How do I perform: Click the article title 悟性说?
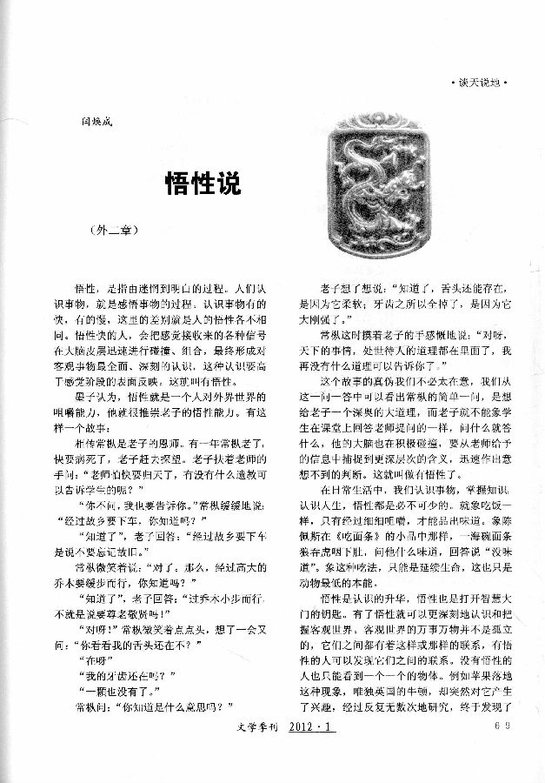tap(202, 184)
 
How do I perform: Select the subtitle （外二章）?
tap(113, 232)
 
